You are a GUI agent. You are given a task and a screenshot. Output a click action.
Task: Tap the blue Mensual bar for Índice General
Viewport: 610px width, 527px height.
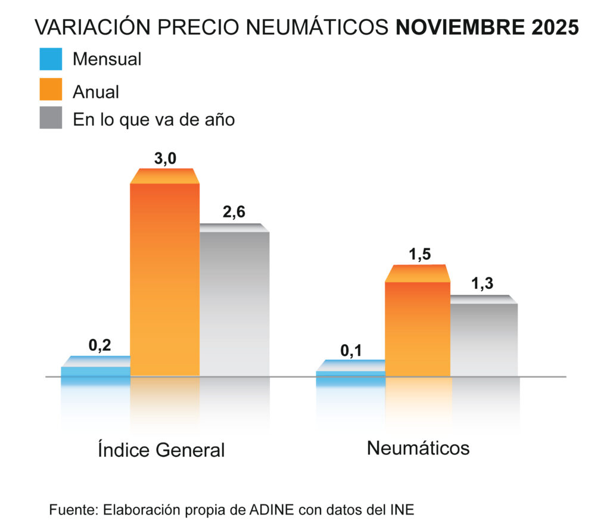click(95, 370)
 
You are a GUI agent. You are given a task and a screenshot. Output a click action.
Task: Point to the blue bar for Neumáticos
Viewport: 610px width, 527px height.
click(350, 373)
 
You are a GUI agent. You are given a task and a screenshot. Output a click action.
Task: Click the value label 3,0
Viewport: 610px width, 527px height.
click(164, 159)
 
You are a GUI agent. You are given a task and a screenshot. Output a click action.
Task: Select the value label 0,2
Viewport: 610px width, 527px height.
click(100, 345)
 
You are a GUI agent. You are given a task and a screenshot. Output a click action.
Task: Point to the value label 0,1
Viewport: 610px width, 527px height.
click(351, 351)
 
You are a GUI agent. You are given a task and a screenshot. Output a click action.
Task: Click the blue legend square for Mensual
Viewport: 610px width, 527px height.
click(51, 60)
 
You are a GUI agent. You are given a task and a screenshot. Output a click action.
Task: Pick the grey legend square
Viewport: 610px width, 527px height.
click(51, 118)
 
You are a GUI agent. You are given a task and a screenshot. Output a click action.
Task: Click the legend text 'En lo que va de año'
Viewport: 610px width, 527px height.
click(154, 119)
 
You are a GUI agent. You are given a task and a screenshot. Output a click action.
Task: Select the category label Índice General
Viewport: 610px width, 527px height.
click(161, 450)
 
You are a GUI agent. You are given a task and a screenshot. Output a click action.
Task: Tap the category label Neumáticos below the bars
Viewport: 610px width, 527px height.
click(418, 448)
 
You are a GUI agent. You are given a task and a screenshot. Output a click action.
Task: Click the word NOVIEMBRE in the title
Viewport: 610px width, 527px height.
click(457, 27)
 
